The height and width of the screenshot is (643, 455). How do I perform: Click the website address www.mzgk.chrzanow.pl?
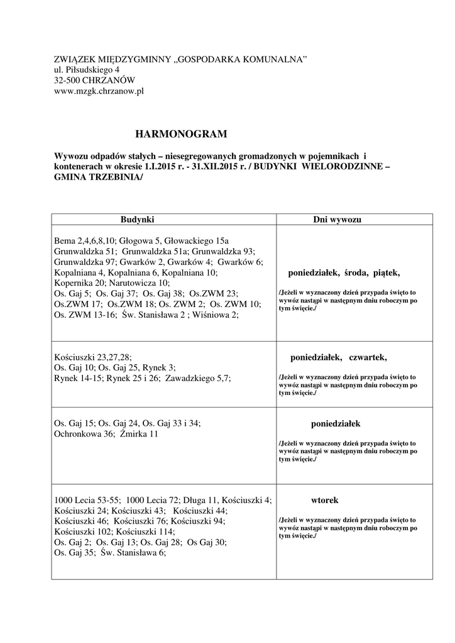[99, 91]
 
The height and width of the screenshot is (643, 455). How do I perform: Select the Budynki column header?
[138, 220]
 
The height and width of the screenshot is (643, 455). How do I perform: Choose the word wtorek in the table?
[325, 500]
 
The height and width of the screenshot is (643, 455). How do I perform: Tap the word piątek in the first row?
[386, 273]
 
